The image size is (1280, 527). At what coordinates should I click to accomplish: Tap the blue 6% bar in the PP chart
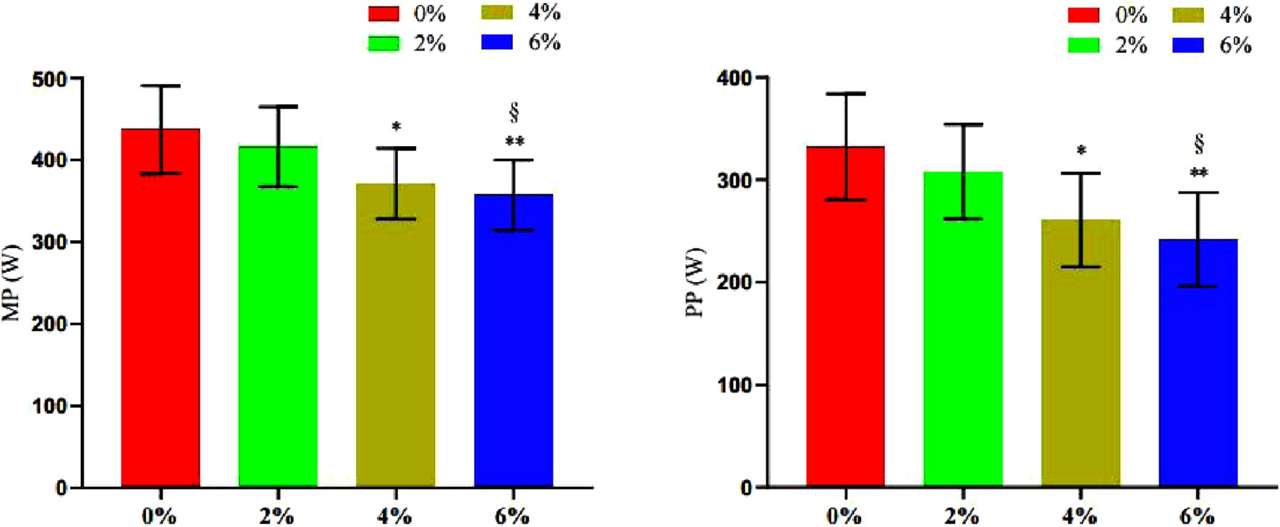coord(1198,376)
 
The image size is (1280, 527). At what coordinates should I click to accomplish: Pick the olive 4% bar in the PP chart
coord(1081,361)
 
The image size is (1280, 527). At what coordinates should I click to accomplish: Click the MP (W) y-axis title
coord(12,283)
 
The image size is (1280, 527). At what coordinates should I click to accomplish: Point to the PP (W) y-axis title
coord(696,283)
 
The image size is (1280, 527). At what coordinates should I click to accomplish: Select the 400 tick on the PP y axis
coord(734,77)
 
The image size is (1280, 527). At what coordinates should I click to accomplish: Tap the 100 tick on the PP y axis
coord(734,385)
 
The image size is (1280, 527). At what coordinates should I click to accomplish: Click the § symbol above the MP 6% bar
coord(514,112)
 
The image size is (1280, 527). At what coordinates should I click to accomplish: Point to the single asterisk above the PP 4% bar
coord(1081,151)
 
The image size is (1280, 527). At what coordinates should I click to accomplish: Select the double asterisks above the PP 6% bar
coord(1199,173)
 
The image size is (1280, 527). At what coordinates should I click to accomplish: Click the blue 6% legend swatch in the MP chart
coord(497,42)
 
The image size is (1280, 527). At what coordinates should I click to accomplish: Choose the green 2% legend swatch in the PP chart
coord(1084,46)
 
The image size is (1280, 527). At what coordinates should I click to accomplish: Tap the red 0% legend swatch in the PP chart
coord(1084,15)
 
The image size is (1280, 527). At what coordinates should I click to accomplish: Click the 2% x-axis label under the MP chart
coord(277,516)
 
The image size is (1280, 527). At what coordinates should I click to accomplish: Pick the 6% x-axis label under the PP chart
coord(1197,516)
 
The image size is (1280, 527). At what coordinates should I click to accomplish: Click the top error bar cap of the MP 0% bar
coord(160,86)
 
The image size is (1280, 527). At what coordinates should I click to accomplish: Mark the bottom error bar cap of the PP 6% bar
coord(1198,287)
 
